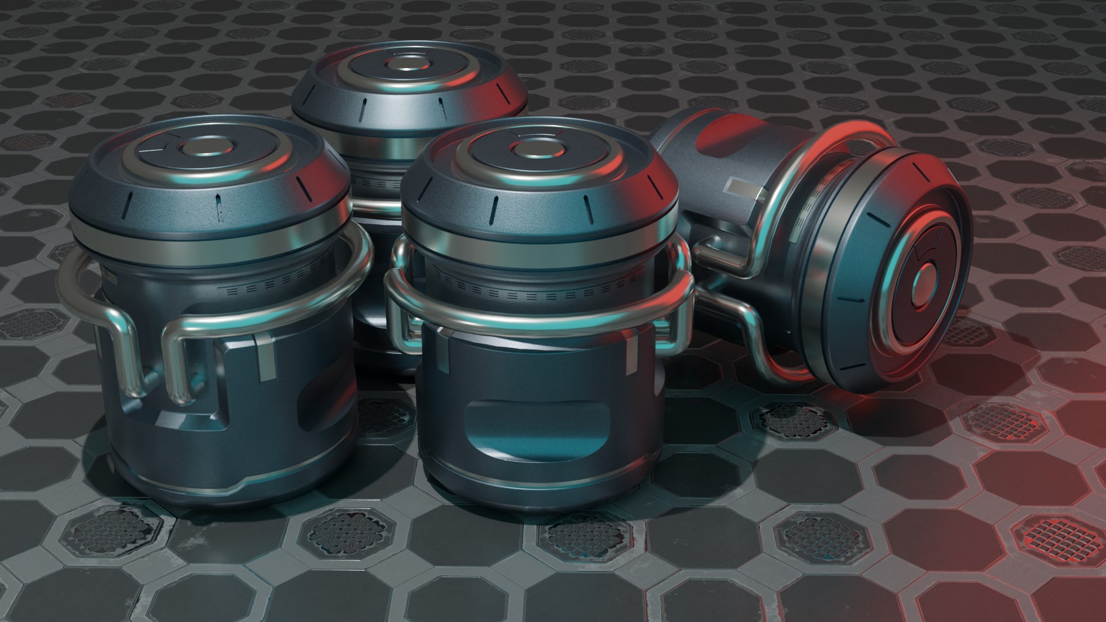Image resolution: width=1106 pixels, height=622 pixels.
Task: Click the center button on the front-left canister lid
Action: (x=201, y=148)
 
